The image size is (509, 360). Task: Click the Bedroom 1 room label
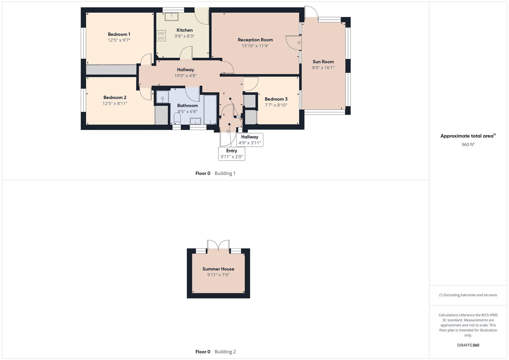(x=119, y=34)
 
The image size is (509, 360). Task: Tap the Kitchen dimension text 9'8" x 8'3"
(x=184, y=36)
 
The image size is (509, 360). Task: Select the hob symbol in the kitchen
(x=161, y=36)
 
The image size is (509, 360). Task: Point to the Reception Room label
(x=255, y=40)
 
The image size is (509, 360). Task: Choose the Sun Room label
(x=323, y=62)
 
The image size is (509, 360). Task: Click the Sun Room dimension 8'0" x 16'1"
(x=323, y=68)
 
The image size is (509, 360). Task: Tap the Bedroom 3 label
(x=276, y=99)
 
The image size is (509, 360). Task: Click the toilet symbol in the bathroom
(x=177, y=118)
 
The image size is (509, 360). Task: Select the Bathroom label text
(x=187, y=106)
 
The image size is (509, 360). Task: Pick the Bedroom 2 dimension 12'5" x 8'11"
(x=115, y=104)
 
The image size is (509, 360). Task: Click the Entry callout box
(x=232, y=154)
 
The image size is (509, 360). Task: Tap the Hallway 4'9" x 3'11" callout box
(x=250, y=140)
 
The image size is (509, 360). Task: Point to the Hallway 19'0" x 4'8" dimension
(x=185, y=76)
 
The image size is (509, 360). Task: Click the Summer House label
(x=218, y=269)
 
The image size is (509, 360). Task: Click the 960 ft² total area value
(x=468, y=145)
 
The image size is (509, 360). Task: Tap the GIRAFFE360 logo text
(x=468, y=345)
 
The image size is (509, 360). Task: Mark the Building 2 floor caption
(x=225, y=352)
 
